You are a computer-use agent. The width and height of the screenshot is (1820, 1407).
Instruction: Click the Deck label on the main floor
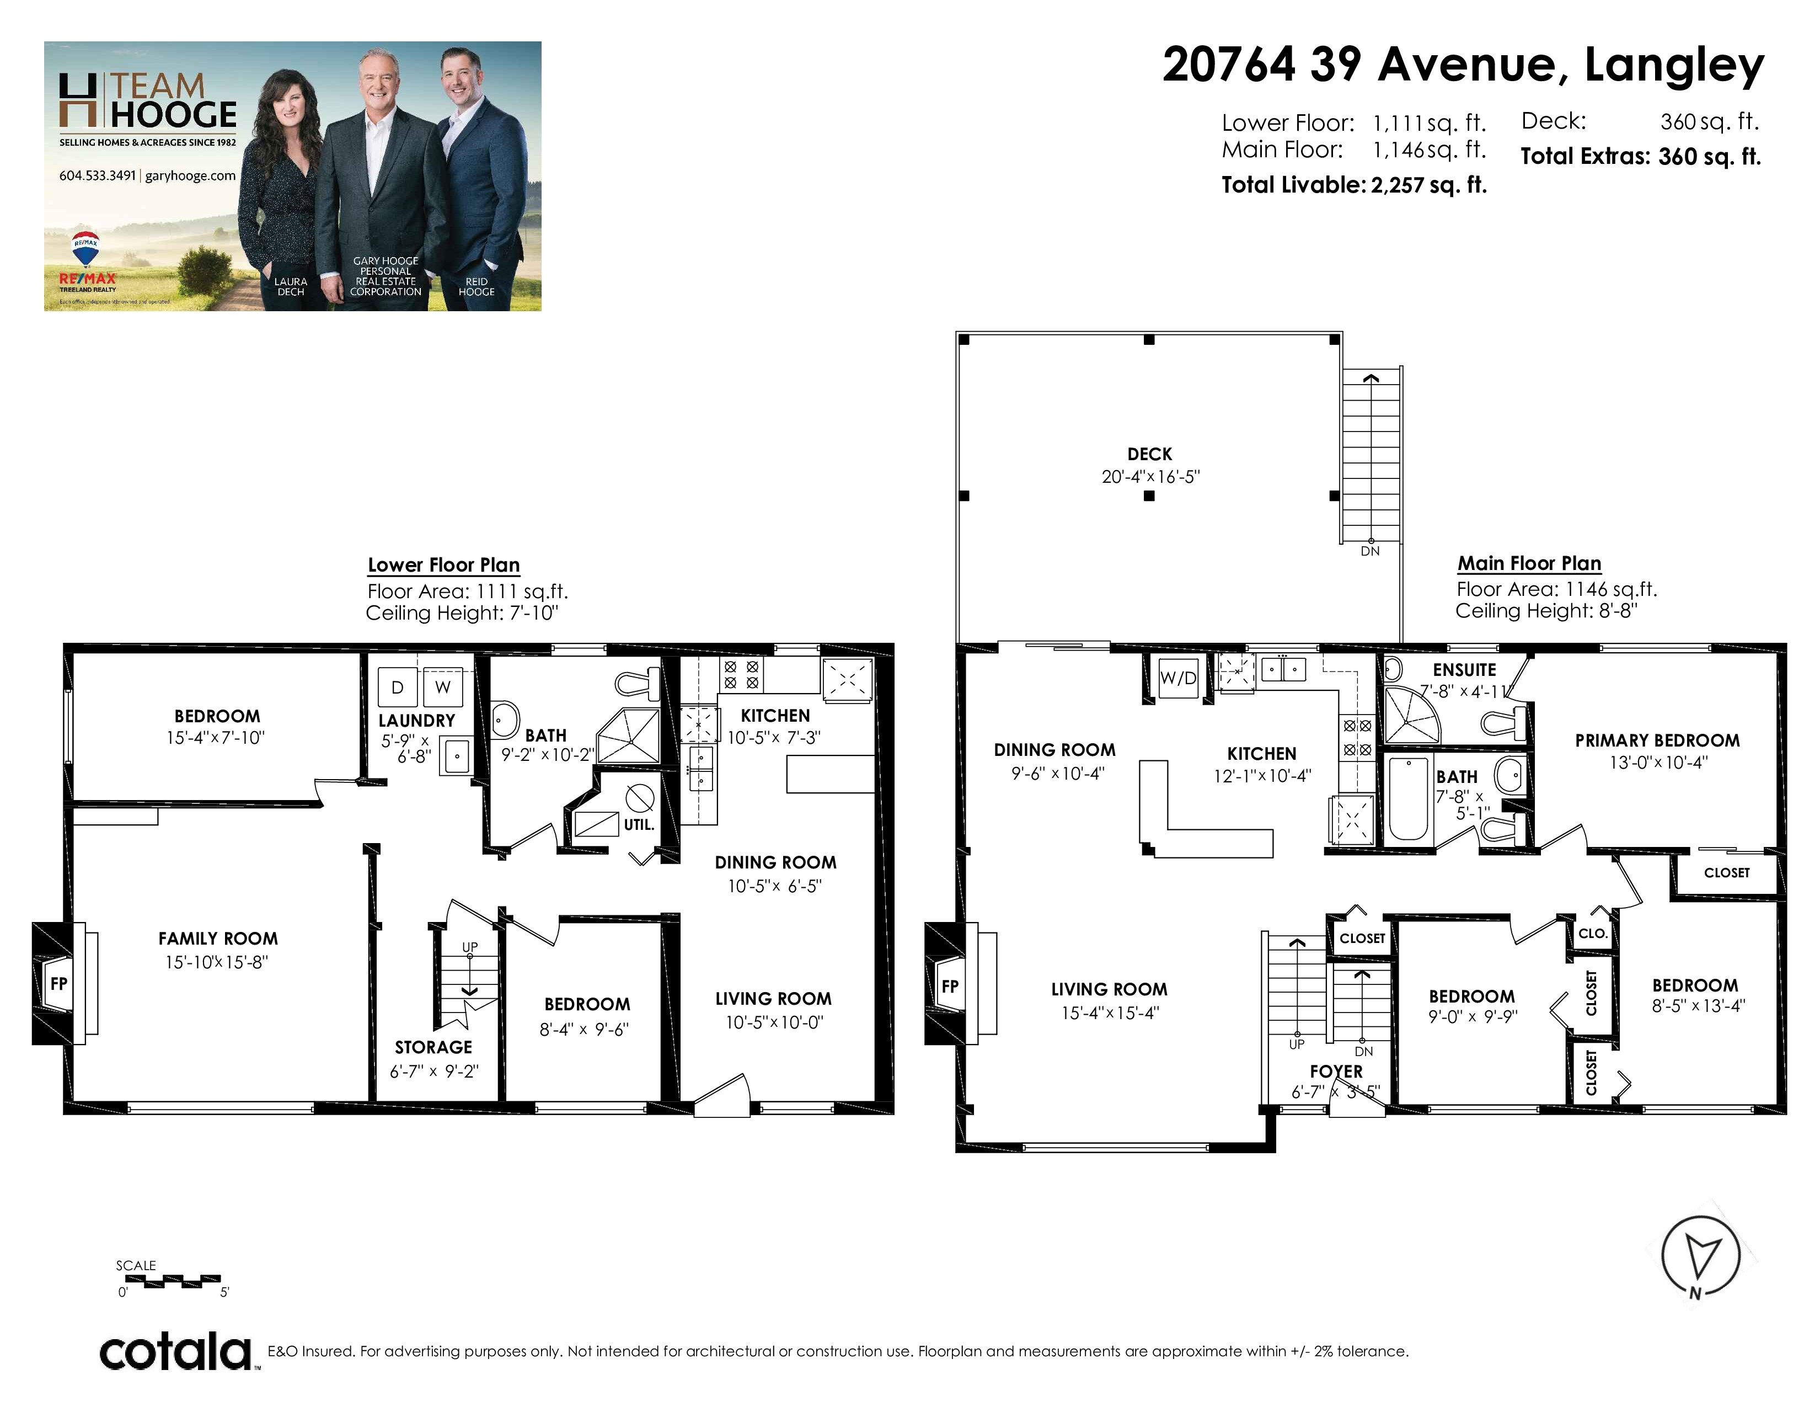pos(1149,454)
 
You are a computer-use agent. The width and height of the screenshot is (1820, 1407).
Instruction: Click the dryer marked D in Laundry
pos(398,687)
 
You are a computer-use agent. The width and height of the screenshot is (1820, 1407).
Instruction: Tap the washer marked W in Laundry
pos(442,687)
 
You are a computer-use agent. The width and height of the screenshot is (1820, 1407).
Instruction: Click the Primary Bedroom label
pos(1657,740)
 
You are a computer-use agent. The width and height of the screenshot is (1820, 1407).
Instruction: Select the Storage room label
pos(433,1047)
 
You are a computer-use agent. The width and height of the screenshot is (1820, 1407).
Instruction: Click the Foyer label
pos(1336,1072)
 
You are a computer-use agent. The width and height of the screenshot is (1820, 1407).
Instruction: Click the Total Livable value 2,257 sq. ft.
pos(1428,185)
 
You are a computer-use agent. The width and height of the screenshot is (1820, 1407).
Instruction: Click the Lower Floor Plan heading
pos(444,565)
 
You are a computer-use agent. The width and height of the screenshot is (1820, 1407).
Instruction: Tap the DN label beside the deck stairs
pos(1370,551)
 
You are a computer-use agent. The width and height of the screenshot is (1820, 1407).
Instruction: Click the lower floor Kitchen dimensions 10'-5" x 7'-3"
pos(774,738)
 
